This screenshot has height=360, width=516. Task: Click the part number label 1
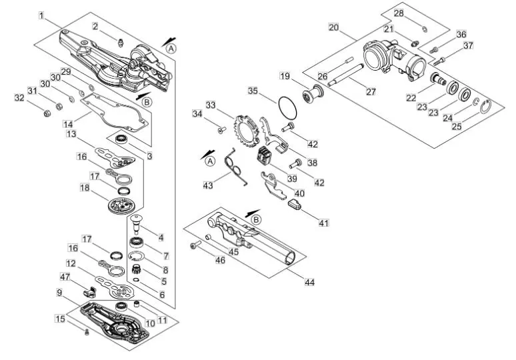(x=41, y=15)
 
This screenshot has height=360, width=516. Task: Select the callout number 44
(x=309, y=282)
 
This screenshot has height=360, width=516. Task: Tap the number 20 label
(x=334, y=27)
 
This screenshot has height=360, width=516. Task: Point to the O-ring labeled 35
(x=287, y=107)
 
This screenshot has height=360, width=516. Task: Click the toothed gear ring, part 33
(x=247, y=131)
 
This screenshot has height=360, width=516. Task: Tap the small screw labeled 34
(x=220, y=130)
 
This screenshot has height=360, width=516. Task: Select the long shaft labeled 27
(x=345, y=75)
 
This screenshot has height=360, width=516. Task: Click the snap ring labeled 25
(x=486, y=107)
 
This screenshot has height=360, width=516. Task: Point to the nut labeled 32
(x=47, y=113)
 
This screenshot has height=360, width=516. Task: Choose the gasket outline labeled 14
(x=115, y=113)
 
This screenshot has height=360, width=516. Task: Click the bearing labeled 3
(x=121, y=139)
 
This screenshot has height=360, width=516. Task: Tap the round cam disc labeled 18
(x=122, y=206)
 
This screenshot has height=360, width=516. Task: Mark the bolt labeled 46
(x=195, y=245)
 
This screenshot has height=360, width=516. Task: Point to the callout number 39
(x=292, y=178)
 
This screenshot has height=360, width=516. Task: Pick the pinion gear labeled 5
(x=136, y=269)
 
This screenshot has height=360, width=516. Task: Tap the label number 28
(x=399, y=13)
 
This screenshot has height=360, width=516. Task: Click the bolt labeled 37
(x=439, y=61)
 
